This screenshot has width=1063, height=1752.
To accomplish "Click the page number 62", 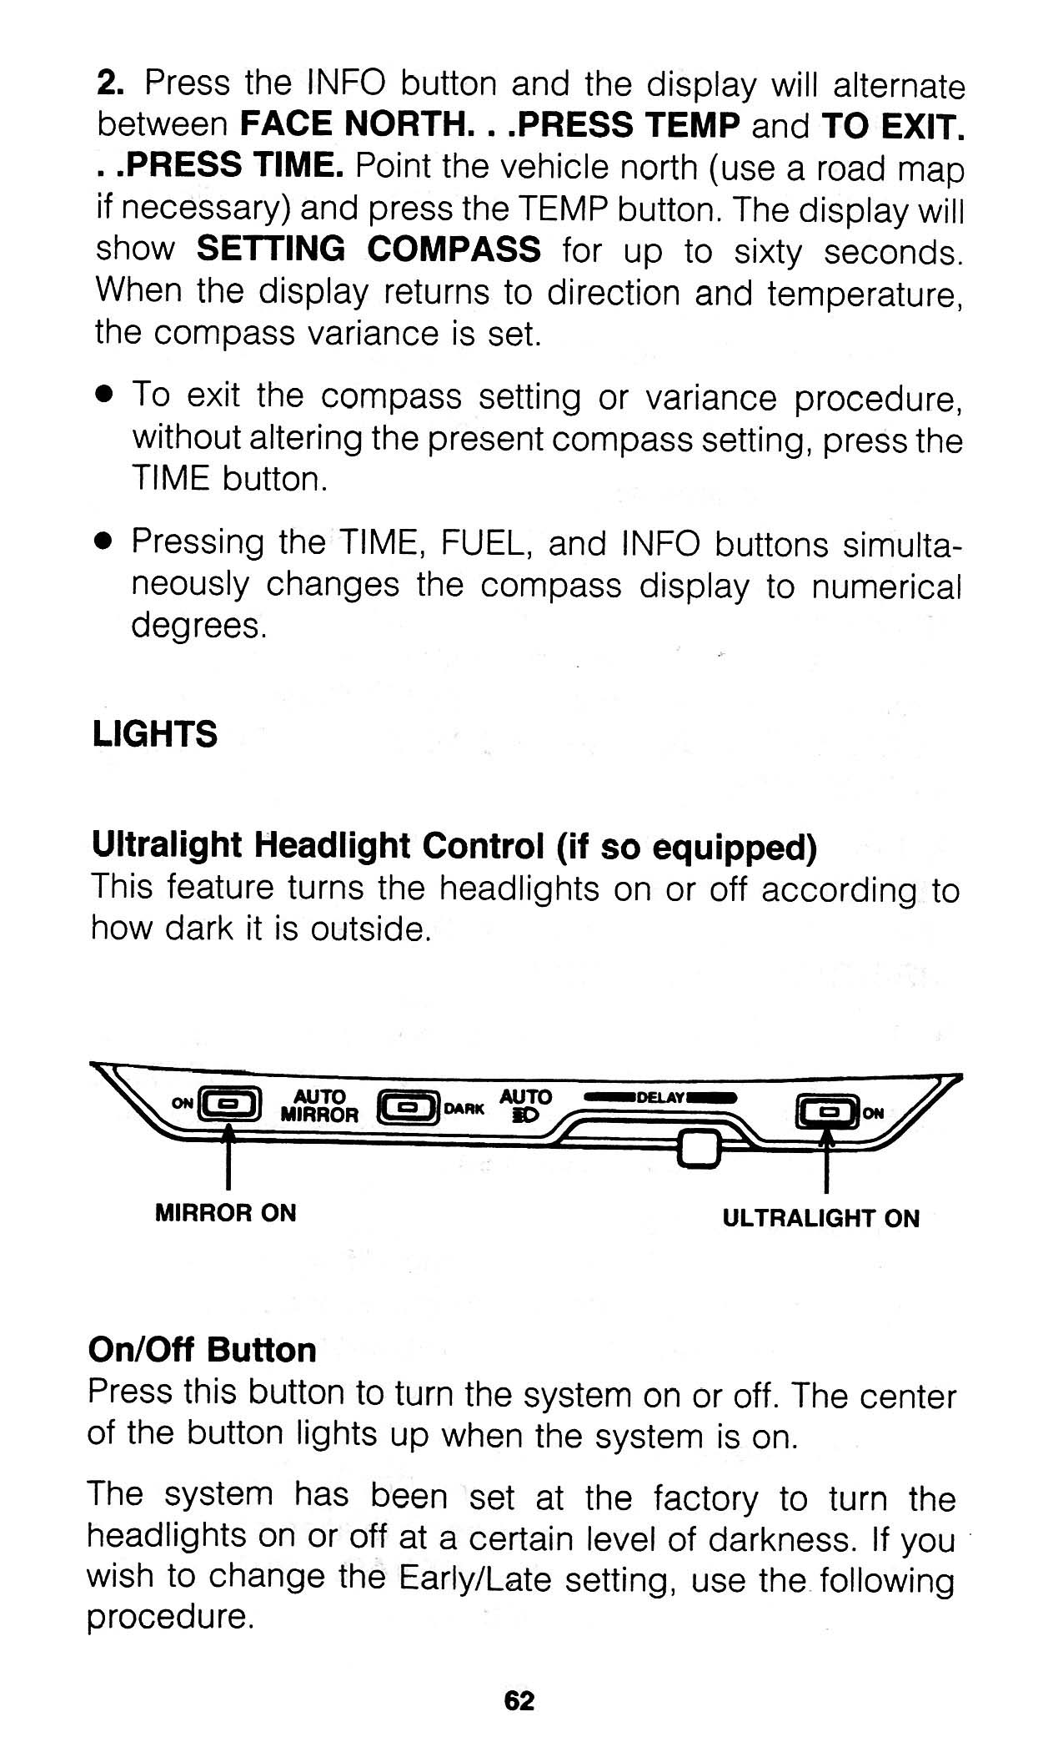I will click(519, 1700).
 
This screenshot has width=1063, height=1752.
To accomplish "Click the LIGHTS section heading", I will click(155, 734).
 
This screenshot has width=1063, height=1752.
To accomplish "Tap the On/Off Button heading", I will click(203, 1350).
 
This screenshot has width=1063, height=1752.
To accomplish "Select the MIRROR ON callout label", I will click(225, 1213).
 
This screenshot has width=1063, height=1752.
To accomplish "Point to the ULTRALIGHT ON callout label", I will click(820, 1219).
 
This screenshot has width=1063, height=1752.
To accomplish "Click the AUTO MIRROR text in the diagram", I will click(319, 1105).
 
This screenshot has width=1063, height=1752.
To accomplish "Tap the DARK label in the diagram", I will click(465, 1110).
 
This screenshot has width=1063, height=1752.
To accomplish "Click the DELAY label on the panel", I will click(660, 1096).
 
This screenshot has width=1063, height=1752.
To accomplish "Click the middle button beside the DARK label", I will click(408, 1108).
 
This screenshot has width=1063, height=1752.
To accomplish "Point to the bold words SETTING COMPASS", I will click(369, 249).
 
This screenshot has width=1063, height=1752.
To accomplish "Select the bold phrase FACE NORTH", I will click(352, 125).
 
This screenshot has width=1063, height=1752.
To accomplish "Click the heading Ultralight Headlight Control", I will click(317, 846).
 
